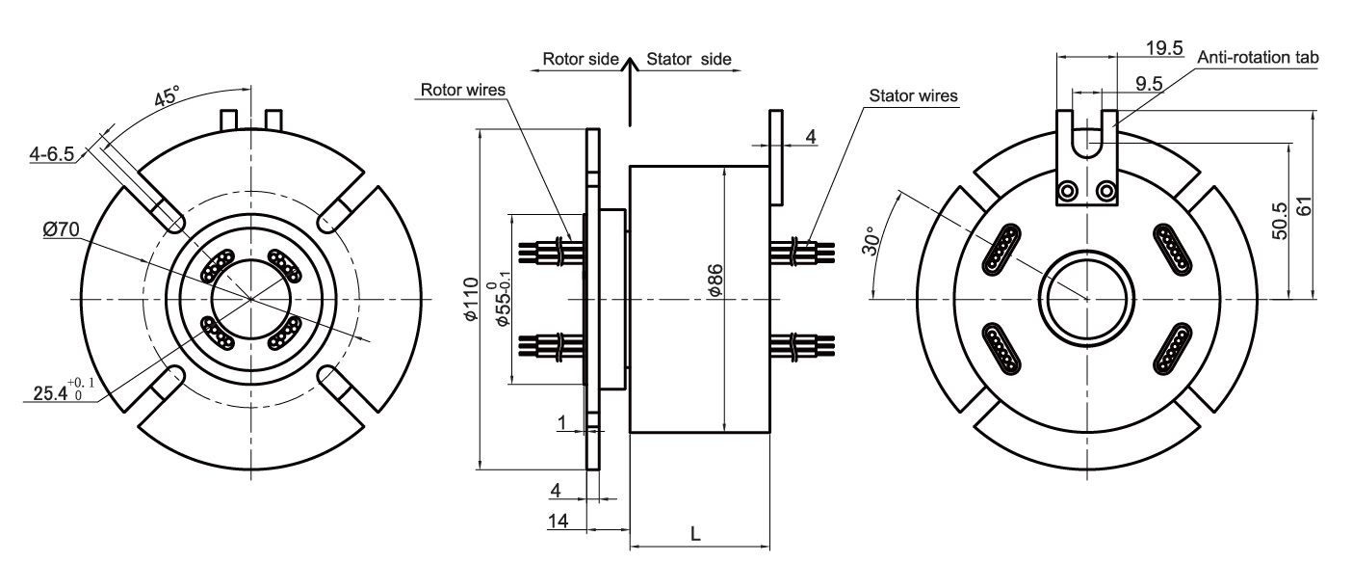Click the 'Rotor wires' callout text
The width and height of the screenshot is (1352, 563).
coord(463,90)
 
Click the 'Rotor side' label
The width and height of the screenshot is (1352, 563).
coord(580,59)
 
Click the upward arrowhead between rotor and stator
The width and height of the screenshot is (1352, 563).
coord(629,65)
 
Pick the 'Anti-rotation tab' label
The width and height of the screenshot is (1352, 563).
coord(1257,58)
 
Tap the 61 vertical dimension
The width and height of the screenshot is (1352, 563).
coord(1306,205)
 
